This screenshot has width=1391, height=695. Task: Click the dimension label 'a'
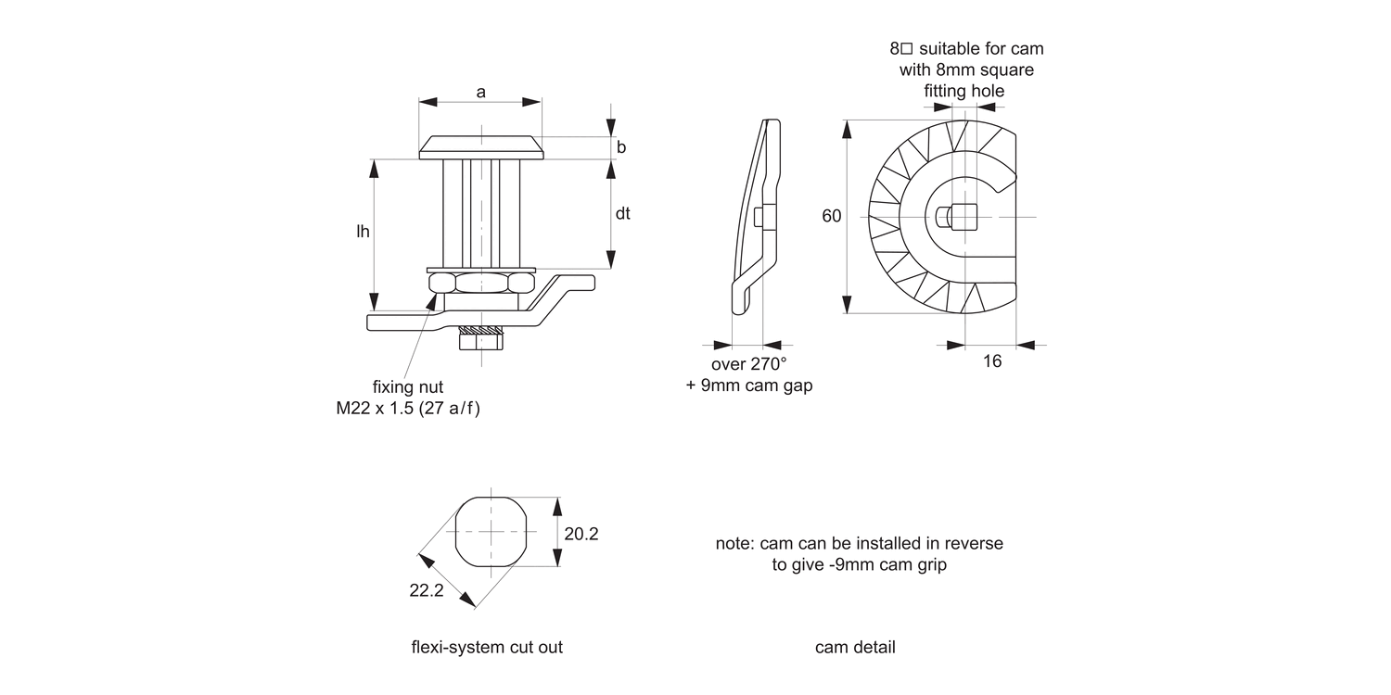click(x=480, y=91)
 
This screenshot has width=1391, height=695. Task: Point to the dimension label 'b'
click(x=621, y=147)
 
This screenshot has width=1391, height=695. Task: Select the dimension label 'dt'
click(x=622, y=213)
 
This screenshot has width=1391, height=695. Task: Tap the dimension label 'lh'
click(x=363, y=232)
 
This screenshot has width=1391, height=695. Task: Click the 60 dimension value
click(x=832, y=216)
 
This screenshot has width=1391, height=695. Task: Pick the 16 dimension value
click(x=992, y=361)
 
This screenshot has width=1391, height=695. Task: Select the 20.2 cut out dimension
click(x=581, y=534)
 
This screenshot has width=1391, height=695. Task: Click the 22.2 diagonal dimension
click(x=427, y=590)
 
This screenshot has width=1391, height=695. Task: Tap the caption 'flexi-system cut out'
click(x=487, y=647)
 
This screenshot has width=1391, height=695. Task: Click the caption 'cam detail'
click(x=855, y=647)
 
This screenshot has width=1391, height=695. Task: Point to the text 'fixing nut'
click(x=408, y=386)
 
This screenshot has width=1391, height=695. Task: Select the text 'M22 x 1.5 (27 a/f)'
click(x=408, y=408)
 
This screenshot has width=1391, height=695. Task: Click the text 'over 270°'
click(x=748, y=364)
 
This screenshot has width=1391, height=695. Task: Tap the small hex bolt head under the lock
click(x=481, y=341)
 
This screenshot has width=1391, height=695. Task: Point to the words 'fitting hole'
click(x=964, y=91)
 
